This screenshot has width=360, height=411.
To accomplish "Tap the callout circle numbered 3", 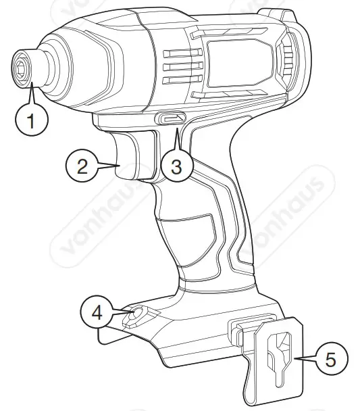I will click(x=176, y=167).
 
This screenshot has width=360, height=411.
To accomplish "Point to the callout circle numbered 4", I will click(x=97, y=314).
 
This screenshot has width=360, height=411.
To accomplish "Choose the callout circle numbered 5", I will click(x=329, y=359).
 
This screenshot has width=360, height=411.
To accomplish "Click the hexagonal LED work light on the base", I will click(x=137, y=313).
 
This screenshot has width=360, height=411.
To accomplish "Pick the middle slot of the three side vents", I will click(x=175, y=66).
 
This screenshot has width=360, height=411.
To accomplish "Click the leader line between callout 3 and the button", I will click(x=177, y=138).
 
